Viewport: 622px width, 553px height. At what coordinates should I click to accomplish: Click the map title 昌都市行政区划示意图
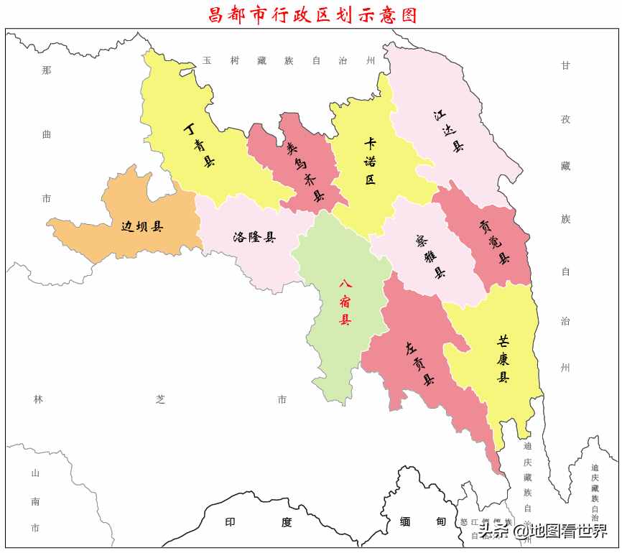312,14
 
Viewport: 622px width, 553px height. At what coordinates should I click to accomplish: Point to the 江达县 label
449,130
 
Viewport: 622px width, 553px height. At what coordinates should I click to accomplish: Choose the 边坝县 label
141,227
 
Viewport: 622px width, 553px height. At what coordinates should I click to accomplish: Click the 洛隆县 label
254,237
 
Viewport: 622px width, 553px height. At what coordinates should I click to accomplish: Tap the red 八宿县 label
345,302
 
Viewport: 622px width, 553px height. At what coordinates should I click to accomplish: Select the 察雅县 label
430,257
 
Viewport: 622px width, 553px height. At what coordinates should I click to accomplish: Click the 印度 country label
259,522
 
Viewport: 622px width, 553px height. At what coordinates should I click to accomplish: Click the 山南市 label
35,501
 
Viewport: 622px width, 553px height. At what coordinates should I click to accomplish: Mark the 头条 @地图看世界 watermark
543,531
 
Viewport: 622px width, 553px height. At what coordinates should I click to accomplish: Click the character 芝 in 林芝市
160,399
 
